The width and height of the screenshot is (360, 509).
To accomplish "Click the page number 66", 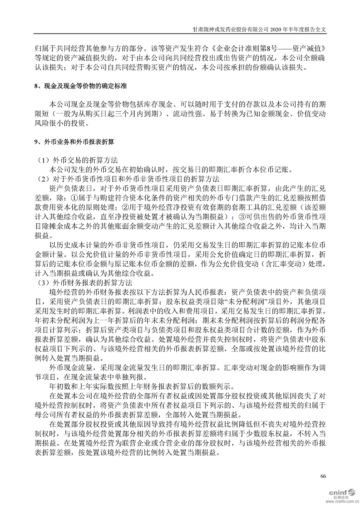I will pos(323,476).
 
